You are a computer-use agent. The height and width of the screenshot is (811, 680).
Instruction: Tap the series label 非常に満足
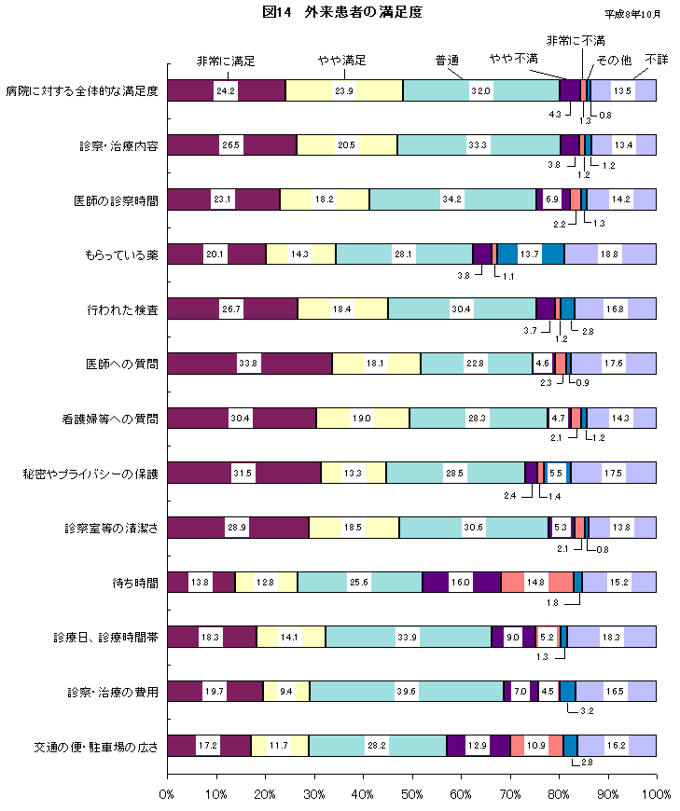[225, 61]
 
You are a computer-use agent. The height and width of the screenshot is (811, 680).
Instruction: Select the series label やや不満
[514, 59]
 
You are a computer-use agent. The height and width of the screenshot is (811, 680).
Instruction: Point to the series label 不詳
[656, 59]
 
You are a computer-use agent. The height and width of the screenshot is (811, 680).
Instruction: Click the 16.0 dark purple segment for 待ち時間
[461, 583]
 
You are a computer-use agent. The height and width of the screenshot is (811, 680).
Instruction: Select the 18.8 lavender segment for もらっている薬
[610, 254]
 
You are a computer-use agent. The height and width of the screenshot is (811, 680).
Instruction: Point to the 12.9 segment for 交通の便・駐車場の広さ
[478, 747]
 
